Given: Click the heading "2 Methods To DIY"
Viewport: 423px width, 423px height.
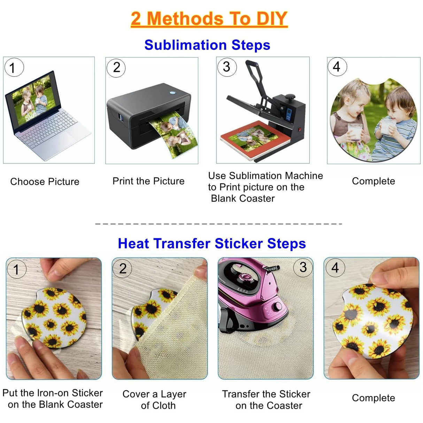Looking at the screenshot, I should [x=209, y=19].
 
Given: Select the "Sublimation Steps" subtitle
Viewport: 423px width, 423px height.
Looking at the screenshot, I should [x=207, y=45].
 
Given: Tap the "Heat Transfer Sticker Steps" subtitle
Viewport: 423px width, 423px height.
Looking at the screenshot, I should [x=212, y=244].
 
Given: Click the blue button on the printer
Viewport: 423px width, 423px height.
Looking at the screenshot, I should [x=172, y=93].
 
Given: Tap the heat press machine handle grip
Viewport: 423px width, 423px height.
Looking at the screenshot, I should [x=252, y=65].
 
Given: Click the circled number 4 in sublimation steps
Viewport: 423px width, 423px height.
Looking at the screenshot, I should [x=337, y=67].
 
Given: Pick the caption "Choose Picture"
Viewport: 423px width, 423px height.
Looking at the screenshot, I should [x=45, y=182].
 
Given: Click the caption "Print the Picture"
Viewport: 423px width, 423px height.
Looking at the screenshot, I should [x=148, y=181].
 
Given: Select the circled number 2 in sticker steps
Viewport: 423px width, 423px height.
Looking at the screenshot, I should [x=122, y=269].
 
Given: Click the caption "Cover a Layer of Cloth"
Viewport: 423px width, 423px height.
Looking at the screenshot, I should [x=155, y=400].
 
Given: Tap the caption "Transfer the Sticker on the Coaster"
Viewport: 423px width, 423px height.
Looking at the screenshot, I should [x=267, y=400].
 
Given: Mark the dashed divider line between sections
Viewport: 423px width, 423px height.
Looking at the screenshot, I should [x=218, y=224].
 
